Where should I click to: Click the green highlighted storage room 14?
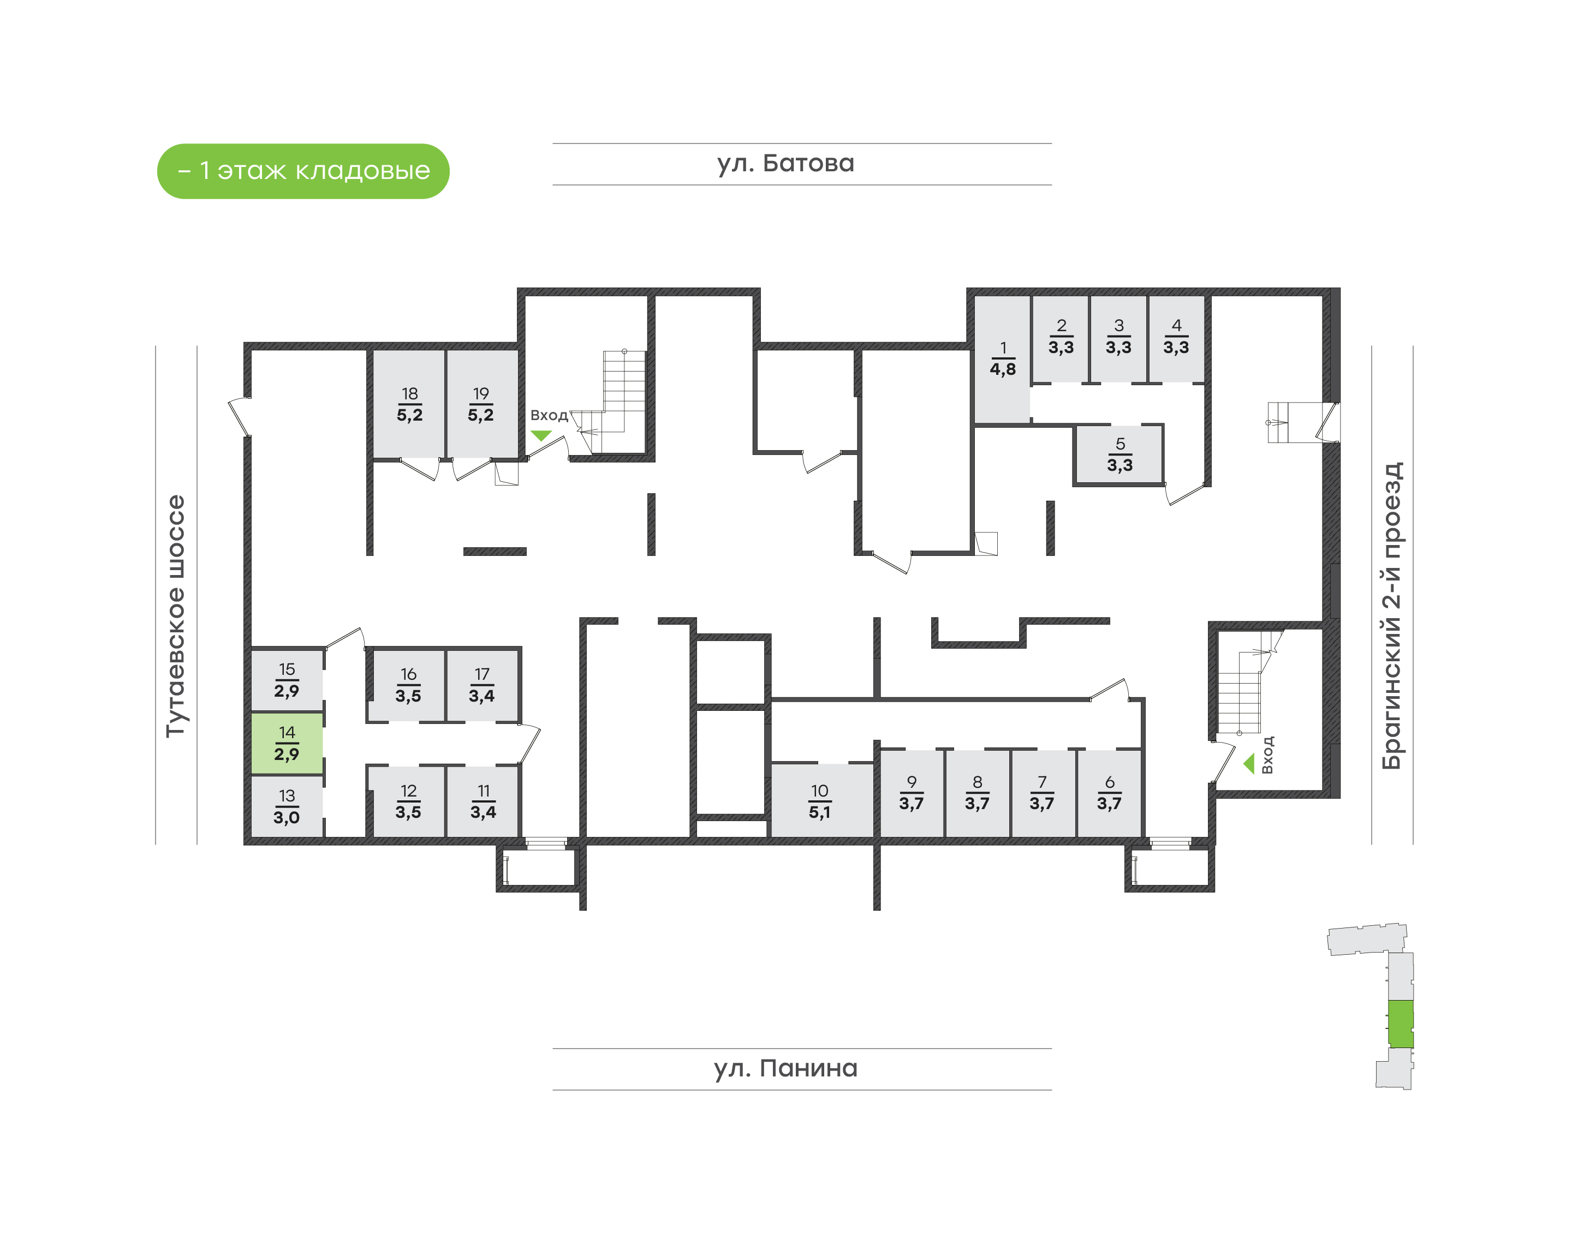point(287,744)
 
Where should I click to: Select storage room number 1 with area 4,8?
point(1002,359)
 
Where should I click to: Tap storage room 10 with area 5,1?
point(820,801)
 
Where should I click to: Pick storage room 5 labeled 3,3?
point(1120,455)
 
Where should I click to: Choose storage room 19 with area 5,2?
point(481,404)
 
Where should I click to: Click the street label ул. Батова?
point(785,164)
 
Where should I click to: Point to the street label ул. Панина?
point(785,1068)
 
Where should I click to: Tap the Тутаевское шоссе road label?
point(175,616)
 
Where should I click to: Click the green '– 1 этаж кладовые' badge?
point(303,171)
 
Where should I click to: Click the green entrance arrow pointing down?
point(541,435)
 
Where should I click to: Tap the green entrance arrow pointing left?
point(1248,764)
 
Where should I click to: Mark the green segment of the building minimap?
point(1401,1023)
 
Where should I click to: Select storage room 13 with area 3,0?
point(287,807)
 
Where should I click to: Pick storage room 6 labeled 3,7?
point(1109,793)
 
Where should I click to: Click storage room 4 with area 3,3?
point(1176,337)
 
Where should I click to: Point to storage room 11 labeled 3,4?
point(483,801)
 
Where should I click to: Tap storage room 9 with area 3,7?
point(912,793)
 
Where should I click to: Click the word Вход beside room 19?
point(549,415)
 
